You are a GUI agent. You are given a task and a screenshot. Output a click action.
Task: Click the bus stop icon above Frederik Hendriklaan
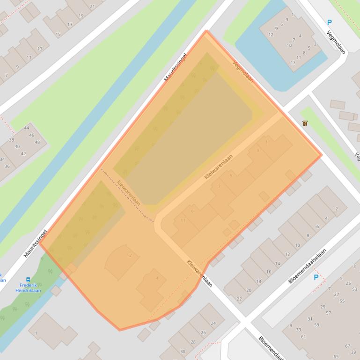pyautogui.click(x=28, y=280)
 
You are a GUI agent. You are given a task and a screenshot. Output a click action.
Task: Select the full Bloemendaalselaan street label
pyautogui.click(x=307, y=266)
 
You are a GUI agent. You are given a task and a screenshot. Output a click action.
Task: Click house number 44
pyautogui.click(x=27, y=128)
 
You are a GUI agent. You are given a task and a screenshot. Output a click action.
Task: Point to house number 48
pyautogui.click(x=37, y=142)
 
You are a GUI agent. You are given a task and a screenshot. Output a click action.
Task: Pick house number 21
pyautogui.click(x=92, y=7)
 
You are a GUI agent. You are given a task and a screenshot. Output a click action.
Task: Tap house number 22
pyautogui.click(x=239, y=299)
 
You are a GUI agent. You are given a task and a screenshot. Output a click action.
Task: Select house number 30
pyautogui.click(x=183, y=352)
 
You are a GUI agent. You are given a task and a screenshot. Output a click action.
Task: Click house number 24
pyautogui.click(x=213, y=323)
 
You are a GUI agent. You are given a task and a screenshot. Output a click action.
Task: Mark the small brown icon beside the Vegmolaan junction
pyautogui.click(x=305, y=123)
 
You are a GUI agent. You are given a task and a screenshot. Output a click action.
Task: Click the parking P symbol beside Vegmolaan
pyautogui.click(x=329, y=22)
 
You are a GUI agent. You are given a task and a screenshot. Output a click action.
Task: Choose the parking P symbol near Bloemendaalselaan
pyautogui.click(x=316, y=277)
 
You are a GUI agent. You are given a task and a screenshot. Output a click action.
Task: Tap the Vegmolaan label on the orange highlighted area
pyautogui.click(x=243, y=72)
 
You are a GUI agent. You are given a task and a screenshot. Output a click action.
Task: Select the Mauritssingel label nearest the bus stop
pyautogui.click(x=36, y=243)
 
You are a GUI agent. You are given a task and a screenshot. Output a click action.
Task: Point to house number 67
pyautogui.click(x=347, y=346)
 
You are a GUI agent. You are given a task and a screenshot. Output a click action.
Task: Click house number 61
pyautogui.click(x=303, y=337)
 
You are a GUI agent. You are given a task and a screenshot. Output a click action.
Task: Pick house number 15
pyautogui.click(x=58, y=34)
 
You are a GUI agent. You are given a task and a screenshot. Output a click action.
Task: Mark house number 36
pyautogui.click(x=7, y=166)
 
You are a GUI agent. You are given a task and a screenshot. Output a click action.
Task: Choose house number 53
pyautogui.click(x=355, y=288)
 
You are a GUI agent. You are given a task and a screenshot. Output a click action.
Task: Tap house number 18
pyautogui.click(x=258, y=281)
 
